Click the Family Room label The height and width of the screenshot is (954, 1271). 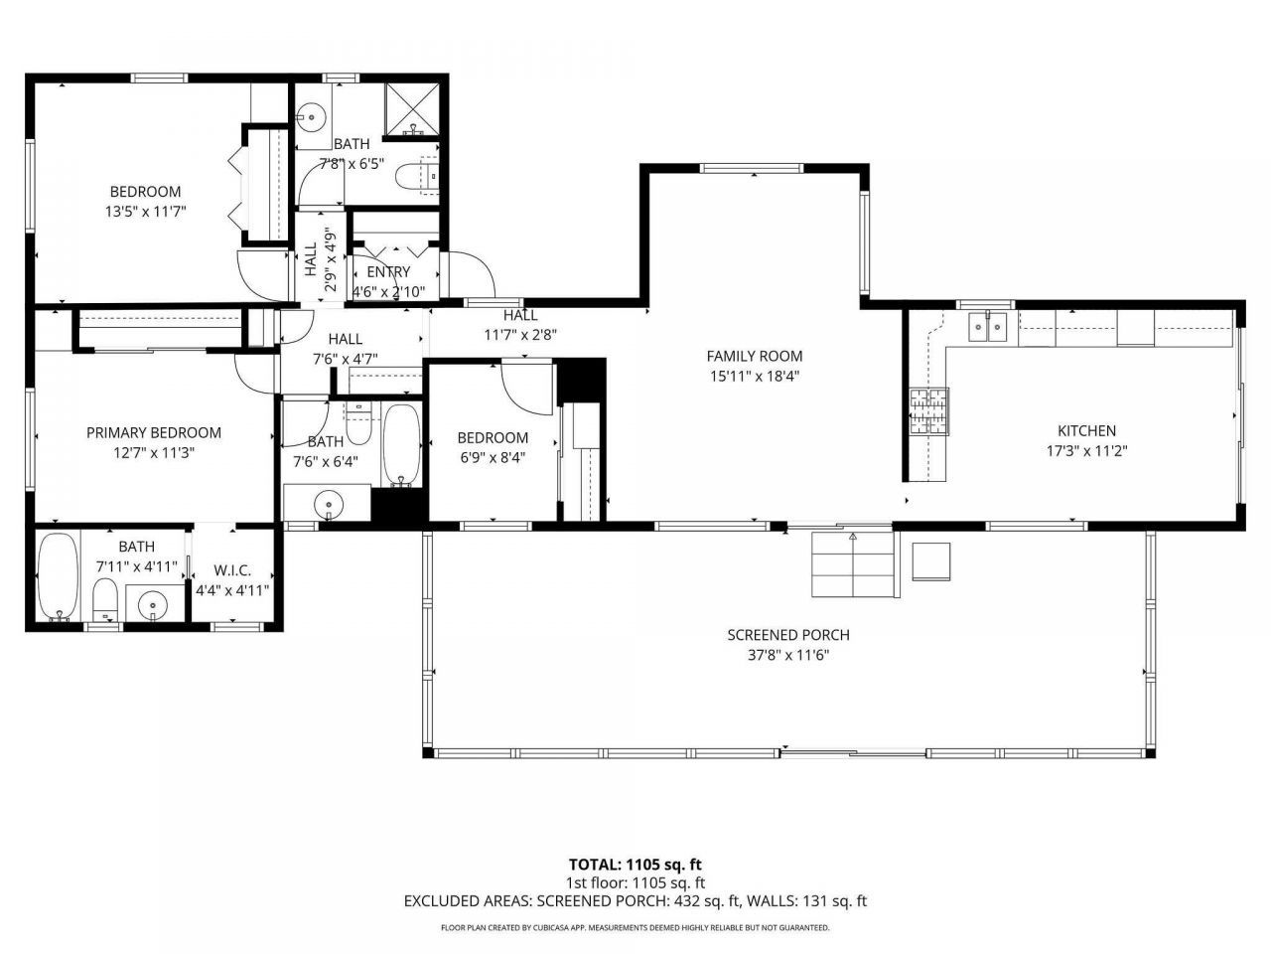754,356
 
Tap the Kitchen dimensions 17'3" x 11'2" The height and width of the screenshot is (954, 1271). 1086,449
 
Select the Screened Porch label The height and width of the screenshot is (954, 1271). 788,635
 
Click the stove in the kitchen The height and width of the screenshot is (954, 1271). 929,412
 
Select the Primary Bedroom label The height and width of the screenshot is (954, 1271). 153,432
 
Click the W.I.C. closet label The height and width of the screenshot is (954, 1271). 232,571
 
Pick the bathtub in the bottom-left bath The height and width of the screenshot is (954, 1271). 57,576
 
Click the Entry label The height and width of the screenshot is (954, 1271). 388,272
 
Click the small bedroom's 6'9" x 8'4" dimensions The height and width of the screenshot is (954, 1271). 492,458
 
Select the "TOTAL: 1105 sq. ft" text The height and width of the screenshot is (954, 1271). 635,865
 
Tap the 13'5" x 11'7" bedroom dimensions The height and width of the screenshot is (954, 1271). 145,211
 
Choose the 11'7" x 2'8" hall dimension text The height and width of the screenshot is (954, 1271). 520,335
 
